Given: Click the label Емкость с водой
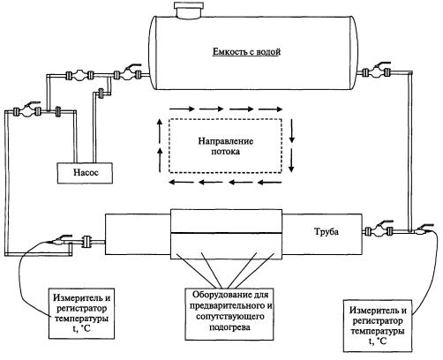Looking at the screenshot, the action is (x=246, y=52).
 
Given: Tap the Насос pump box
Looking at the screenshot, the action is (x=86, y=173).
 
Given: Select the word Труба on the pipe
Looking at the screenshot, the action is (x=327, y=231).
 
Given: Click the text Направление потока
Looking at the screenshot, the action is (x=225, y=146).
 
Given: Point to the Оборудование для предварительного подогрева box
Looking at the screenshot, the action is (x=229, y=313).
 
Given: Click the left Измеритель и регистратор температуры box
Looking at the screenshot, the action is (x=81, y=313).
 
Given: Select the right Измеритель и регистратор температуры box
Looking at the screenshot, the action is (x=378, y=326).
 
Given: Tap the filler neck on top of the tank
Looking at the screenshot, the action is (x=188, y=10).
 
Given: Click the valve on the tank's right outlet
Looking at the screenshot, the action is (x=377, y=71).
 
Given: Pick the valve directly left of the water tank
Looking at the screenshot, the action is (x=128, y=73).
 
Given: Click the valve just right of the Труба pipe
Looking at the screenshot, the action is (x=379, y=229).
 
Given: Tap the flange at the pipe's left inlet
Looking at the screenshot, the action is (x=86, y=241).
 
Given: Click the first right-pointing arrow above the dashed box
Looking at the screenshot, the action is (x=182, y=109).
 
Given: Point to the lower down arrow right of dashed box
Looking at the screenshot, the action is (x=291, y=161).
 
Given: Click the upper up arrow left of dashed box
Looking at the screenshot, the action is (x=160, y=131).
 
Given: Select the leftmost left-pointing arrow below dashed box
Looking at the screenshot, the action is (x=181, y=183).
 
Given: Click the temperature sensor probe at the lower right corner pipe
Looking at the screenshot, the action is (x=422, y=230).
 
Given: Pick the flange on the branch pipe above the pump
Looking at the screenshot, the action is (x=101, y=94).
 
